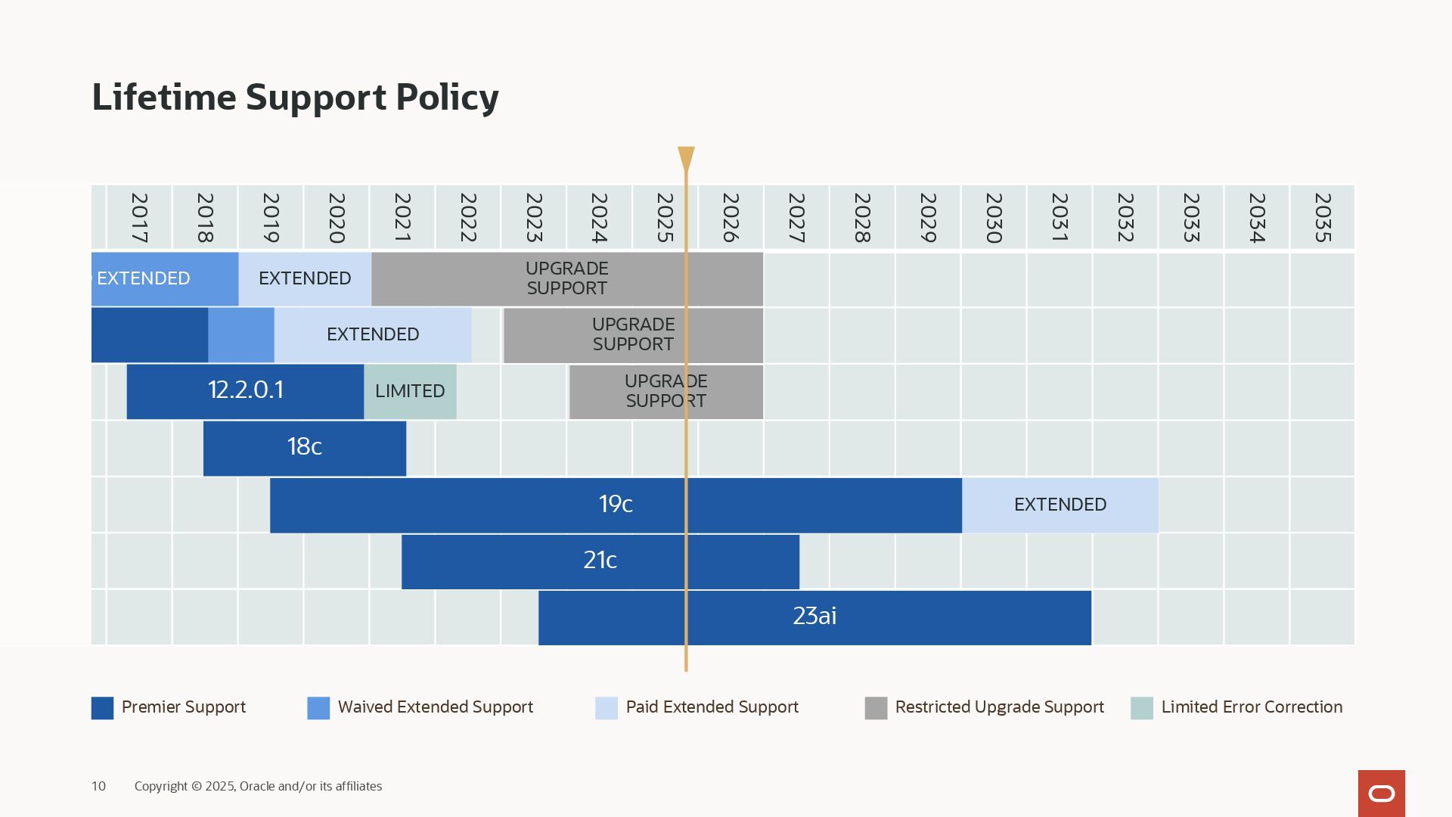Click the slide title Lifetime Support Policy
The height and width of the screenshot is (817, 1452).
(295, 98)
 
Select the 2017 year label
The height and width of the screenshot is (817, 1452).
(139, 218)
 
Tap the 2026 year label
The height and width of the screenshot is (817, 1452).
(731, 218)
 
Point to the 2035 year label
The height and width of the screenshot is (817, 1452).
(1323, 218)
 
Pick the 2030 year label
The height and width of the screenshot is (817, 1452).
(994, 218)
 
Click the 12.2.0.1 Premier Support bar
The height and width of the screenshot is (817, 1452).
(245, 390)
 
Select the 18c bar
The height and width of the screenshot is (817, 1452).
(304, 447)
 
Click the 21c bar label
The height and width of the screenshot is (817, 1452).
(600, 561)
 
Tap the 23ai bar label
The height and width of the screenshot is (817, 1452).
(814, 617)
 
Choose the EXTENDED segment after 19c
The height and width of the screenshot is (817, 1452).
(1060, 505)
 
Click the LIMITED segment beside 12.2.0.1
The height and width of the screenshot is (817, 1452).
(410, 391)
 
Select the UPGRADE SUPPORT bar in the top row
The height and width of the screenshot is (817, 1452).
(567, 278)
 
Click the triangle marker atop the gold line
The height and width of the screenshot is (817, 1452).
(686, 157)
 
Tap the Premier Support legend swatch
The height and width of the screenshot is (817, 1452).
(102, 708)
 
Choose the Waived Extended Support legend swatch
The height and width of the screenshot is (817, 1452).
(318, 708)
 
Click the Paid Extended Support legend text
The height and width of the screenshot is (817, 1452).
(712, 707)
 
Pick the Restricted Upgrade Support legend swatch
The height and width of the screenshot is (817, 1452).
(876, 708)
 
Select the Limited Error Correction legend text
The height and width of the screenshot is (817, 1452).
(1252, 707)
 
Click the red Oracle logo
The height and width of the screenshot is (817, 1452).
(1381, 793)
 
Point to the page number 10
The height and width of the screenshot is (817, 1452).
(98, 787)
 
